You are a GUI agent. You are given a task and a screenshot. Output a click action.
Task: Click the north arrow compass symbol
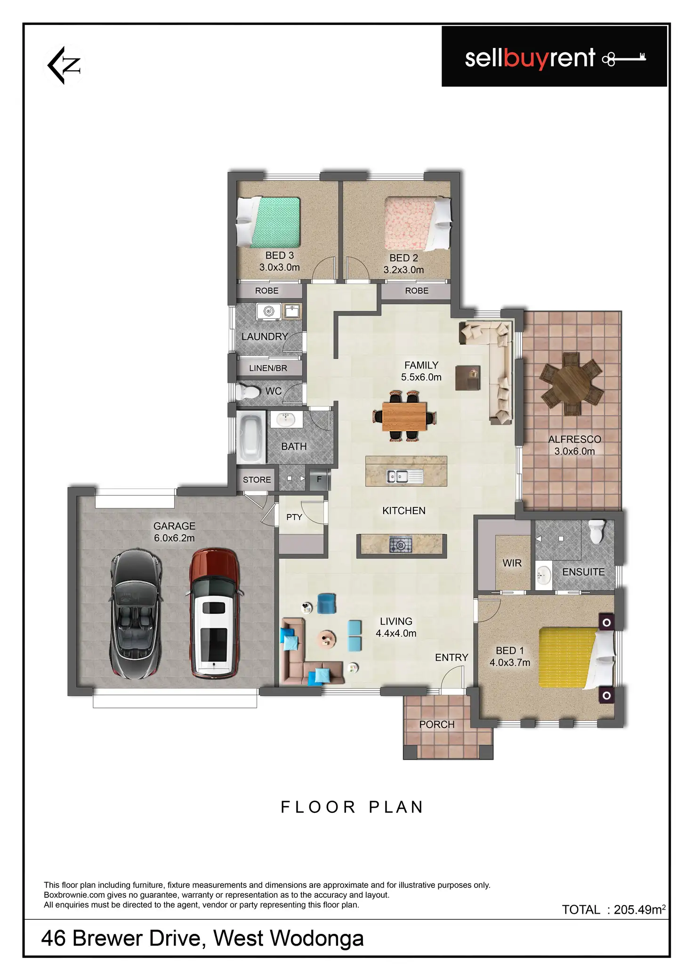click(x=64, y=65)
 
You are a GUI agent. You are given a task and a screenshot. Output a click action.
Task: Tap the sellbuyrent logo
click(x=554, y=57)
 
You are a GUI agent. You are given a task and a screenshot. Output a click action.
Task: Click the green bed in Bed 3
click(x=268, y=222)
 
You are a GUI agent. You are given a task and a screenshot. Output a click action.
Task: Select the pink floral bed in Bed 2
click(x=418, y=224)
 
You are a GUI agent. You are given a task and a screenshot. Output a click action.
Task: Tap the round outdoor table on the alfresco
click(x=571, y=384)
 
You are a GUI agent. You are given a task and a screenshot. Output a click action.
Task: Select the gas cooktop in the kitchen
click(x=401, y=545)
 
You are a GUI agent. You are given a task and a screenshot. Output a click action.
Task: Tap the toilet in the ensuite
click(x=596, y=531)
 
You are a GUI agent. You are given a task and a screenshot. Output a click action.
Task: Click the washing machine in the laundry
click(x=268, y=311)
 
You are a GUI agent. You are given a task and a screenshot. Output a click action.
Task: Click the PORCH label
click(x=437, y=724)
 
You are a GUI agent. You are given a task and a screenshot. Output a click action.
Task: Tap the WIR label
click(x=512, y=563)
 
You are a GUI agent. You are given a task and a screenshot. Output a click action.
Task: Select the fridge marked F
click(x=319, y=479)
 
